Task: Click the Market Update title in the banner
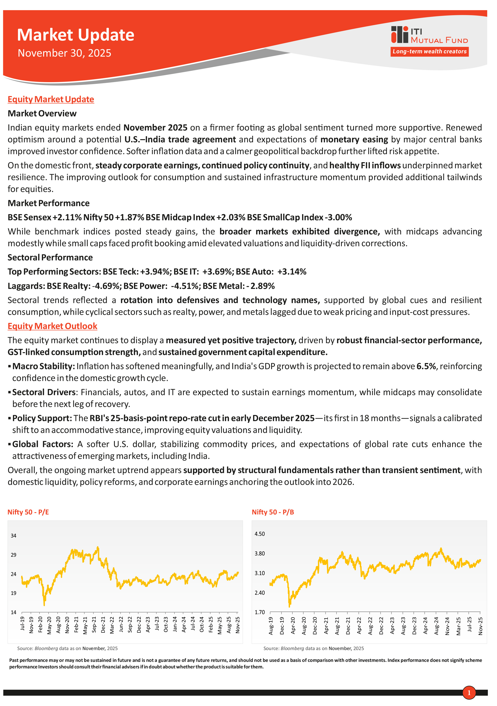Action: tap(75, 35)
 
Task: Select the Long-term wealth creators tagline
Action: tap(429, 52)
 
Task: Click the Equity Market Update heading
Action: tap(51, 99)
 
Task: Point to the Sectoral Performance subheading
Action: tap(50, 257)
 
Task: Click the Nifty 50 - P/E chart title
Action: tap(28, 512)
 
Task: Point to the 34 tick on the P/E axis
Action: tap(14, 536)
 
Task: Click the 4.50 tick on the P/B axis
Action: tap(260, 534)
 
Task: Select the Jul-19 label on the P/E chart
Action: tap(22, 623)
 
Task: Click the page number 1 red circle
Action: tap(469, 692)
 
